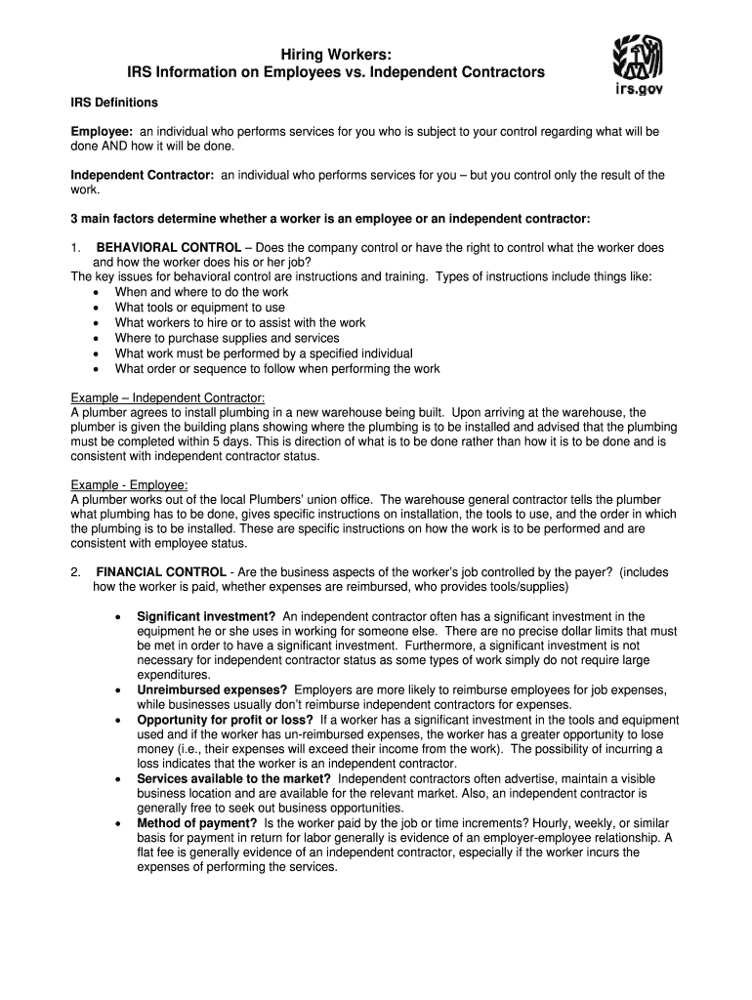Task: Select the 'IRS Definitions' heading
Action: [x=114, y=103]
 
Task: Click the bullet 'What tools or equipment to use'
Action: [x=200, y=308]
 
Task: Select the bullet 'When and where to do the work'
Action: [x=202, y=292]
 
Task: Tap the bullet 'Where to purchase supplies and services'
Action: [x=228, y=338]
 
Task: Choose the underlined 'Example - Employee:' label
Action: [x=130, y=485]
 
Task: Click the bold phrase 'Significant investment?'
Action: [x=206, y=617]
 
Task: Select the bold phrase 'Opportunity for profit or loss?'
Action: [x=225, y=720]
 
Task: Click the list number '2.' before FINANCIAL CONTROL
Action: [x=76, y=572]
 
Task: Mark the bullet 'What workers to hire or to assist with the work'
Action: [x=240, y=322]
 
